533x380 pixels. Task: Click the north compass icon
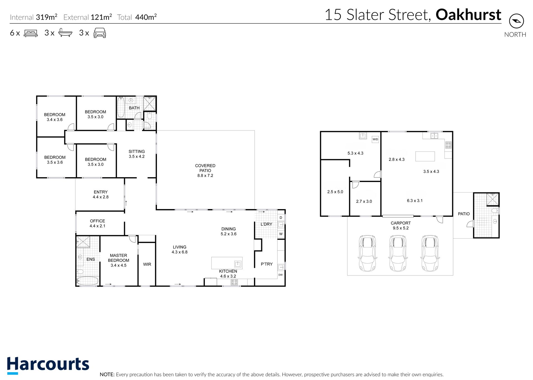tap(516, 21)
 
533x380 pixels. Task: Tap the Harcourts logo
tap(48, 365)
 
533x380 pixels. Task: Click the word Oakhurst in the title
tap(468, 15)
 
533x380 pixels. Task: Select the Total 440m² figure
tap(137, 17)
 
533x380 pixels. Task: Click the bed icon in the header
tap(31, 33)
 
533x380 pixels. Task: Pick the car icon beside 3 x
tap(100, 33)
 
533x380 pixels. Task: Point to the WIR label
tap(147, 264)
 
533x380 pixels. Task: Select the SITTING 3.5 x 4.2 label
tap(137, 154)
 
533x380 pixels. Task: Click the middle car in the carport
tap(398, 253)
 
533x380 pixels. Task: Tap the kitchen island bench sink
tap(238, 264)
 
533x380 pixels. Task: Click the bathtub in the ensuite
tap(87, 281)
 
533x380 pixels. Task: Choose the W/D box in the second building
tap(375, 139)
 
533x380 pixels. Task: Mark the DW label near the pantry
tap(281, 275)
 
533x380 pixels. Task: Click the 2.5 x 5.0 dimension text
tap(335, 192)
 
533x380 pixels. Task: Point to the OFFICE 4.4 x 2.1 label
tap(97, 224)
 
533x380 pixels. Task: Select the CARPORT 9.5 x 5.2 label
tap(401, 226)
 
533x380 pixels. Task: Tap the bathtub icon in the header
tap(65, 33)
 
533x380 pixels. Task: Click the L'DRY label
tap(266, 224)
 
